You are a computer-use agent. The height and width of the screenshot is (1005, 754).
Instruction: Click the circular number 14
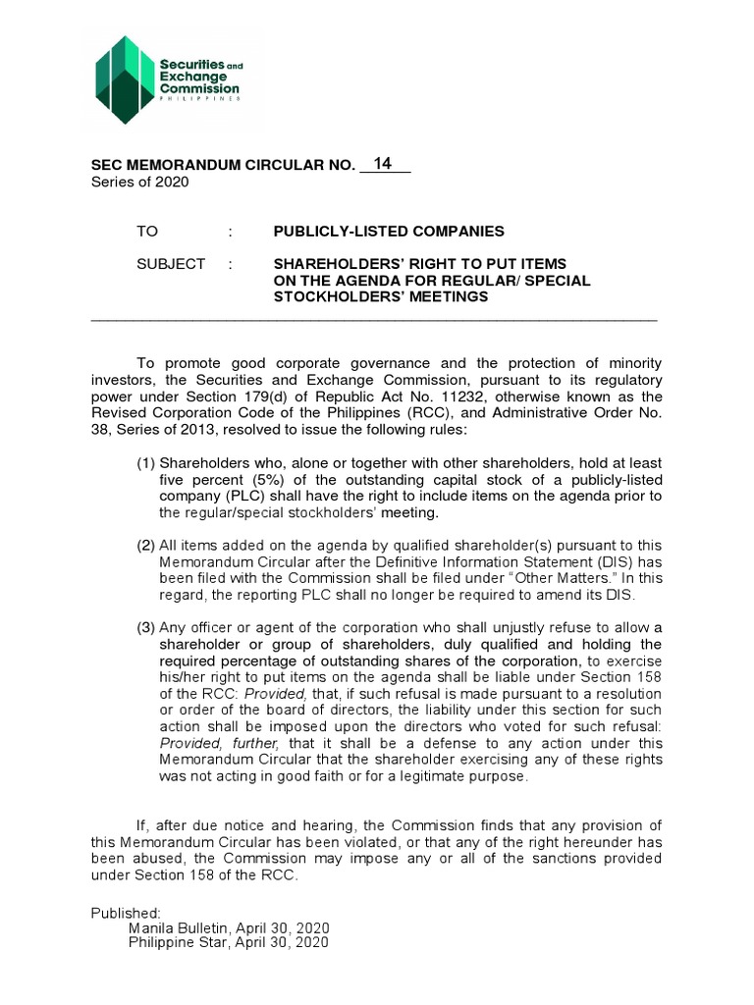(x=383, y=163)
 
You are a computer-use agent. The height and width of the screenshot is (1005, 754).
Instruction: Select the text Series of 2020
(x=139, y=182)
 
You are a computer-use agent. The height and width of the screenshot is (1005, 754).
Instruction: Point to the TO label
(x=146, y=231)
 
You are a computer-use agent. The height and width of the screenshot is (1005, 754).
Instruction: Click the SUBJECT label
(x=171, y=264)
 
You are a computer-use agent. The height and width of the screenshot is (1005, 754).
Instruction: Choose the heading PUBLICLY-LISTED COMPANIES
(x=388, y=231)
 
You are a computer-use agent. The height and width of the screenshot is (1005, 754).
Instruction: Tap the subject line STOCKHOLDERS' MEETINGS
(x=379, y=297)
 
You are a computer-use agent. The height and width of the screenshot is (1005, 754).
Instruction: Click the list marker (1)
(x=146, y=462)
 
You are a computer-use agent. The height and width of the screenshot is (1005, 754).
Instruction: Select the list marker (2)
(x=146, y=545)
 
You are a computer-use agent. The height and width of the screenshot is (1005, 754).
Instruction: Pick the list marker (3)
(x=146, y=628)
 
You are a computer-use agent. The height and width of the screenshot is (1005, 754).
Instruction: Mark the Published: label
(x=126, y=912)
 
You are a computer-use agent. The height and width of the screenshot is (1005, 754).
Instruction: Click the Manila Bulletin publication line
(x=230, y=927)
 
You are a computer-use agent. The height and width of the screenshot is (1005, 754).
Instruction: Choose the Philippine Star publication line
(x=229, y=942)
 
